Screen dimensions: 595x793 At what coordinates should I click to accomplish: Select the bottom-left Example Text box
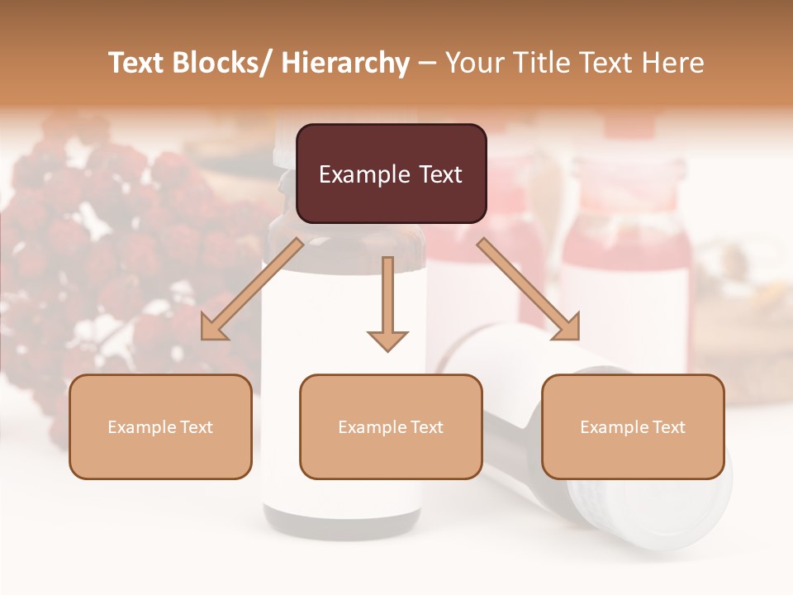coord(160,426)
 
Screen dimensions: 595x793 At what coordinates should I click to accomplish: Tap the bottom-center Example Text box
coord(391,426)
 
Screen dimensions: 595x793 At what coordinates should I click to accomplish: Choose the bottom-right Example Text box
coord(633,426)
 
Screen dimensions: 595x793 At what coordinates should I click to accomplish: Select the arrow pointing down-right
coord(529,288)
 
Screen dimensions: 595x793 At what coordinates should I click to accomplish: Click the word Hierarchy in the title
coord(345,63)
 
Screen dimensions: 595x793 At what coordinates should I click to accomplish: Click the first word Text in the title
coord(137,63)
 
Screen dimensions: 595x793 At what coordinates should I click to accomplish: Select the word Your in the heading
coord(472,63)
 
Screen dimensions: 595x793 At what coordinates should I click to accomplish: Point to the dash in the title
coord(427,63)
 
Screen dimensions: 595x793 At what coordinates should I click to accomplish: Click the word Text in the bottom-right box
coord(668,426)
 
